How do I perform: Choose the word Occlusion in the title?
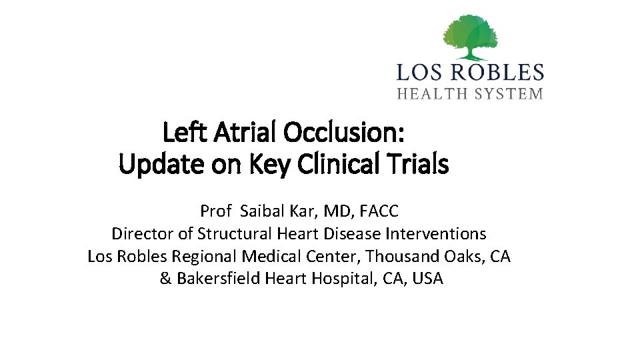pyautogui.click(x=343, y=134)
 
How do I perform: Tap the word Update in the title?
pyautogui.click(x=157, y=164)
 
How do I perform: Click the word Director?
pyautogui.click(x=140, y=234)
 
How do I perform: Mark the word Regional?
pyautogui.click(x=205, y=257)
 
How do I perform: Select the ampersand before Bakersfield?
pyautogui.click(x=165, y=279)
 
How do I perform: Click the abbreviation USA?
pyautogui.click(x=427, y=279)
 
